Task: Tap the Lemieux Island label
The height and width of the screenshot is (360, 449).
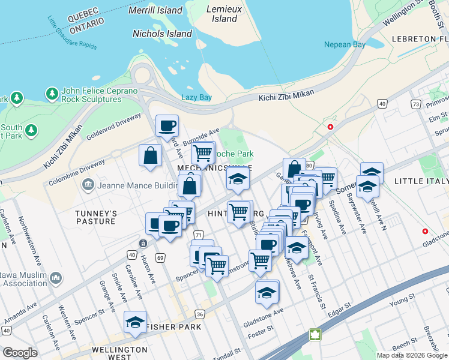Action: click(x=224, y=14)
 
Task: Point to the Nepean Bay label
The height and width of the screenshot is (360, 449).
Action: click(x=345, y=44)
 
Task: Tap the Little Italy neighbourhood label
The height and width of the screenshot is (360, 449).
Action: click(x=421, y=181)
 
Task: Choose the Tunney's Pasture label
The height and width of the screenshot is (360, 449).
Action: click(x=95, y=217)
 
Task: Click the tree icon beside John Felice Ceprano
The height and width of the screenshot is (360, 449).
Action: click(x=52, y=94)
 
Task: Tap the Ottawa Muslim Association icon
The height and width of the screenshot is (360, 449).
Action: click(x=56, y=277)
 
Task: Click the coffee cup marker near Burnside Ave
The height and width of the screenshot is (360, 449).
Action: click(x=167, y=126)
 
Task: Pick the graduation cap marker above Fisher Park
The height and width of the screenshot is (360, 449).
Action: click(x=135, y=322)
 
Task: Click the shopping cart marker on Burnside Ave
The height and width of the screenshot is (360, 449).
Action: click(x=203, y=152)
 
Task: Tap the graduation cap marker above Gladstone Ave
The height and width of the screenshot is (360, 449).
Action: click(x=267, y=292)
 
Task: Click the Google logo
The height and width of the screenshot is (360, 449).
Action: click(x=20, y=353)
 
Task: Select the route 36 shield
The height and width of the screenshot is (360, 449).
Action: click(x=200, y=314)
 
